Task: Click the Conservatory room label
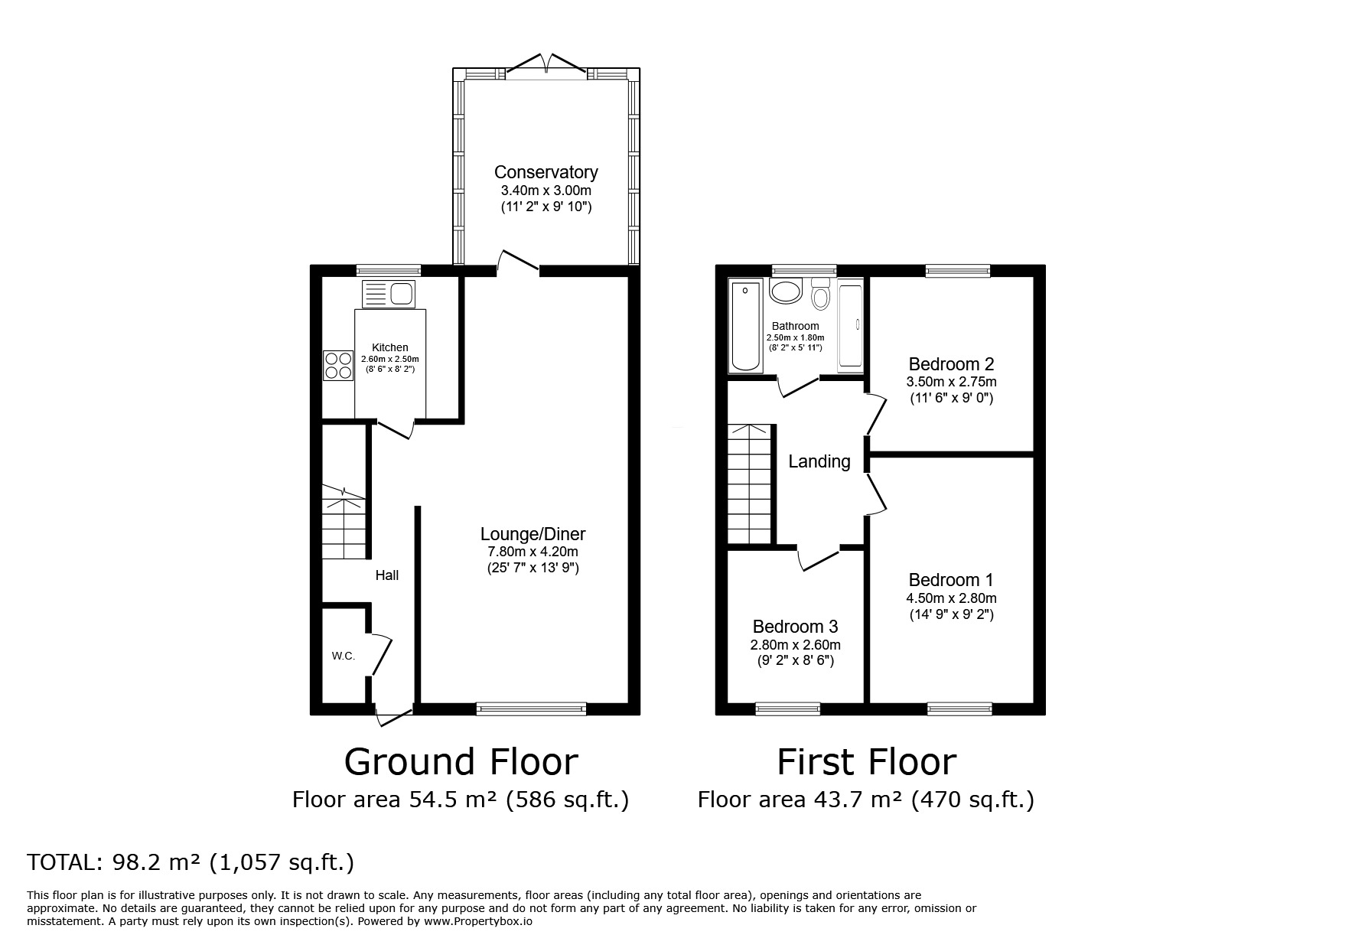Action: (x=546, y=172)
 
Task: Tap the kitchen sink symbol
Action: (x=389, y=294)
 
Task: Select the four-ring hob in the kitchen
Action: (x=337, y=365)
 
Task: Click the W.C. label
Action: (x=344, y=656)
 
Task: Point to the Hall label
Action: (x=386, y=575)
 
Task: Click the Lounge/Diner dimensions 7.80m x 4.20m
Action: (x=533, y=552)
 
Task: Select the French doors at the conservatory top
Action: (x=546, y=65)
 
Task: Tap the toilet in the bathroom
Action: (x=820, y=295)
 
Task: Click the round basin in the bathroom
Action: (x=784, y=291)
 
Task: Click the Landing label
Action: (x=819, y=461)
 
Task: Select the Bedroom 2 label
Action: (x=951, y=364)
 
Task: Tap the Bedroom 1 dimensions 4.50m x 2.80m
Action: (x=951, y=598)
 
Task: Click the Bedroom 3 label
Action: (x=795, y=627)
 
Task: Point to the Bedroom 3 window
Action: (x=787, y=709)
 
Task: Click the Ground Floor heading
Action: (x=461, y=762)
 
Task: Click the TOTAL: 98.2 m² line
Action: (x=191, y=863)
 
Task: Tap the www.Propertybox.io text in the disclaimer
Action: (x=477, y=922)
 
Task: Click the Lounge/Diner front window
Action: (x=531, y=709)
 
